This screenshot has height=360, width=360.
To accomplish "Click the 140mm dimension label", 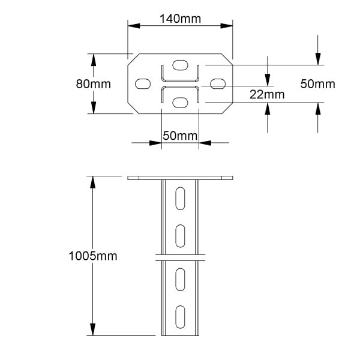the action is click(180, 19).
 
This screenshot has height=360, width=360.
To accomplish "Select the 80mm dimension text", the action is click(93, 84).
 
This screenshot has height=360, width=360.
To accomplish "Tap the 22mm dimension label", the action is click(267, 94).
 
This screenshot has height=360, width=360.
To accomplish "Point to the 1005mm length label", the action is click(93, 256).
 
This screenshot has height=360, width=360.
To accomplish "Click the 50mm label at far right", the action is click(318, 84).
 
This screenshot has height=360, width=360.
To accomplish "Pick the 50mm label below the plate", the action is click(180, 136).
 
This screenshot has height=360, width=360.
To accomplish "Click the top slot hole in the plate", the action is click(180, 65).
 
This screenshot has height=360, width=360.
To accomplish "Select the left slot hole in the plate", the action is click(143, 83).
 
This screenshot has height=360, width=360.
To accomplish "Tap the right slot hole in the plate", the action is click(218, 83).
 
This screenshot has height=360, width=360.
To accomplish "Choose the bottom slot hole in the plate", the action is click(180, 103).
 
